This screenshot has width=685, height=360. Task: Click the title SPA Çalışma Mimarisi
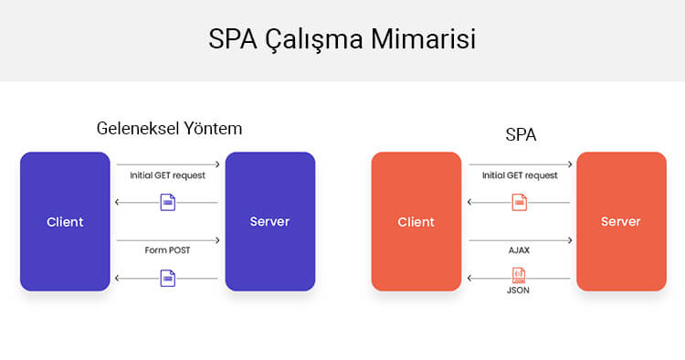click(342, 40)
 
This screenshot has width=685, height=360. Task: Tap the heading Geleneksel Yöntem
click(169, 129)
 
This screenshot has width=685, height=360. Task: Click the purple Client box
click(65, 222)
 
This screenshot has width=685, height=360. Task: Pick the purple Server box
click(269, 222)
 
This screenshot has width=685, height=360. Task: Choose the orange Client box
click(416, 222)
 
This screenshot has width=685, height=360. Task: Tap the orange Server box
click(621, 222)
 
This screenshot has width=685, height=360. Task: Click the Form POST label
click(167, 249)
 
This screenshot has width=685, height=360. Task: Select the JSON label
click(519, 290)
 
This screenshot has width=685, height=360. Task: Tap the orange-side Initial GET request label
click(520, 175)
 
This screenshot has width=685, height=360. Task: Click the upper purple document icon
click(167, 203)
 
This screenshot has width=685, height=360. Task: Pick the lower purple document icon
click(167, 278)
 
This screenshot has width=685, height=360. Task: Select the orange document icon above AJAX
click(519, 203)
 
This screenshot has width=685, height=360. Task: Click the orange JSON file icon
click(519, 274)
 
